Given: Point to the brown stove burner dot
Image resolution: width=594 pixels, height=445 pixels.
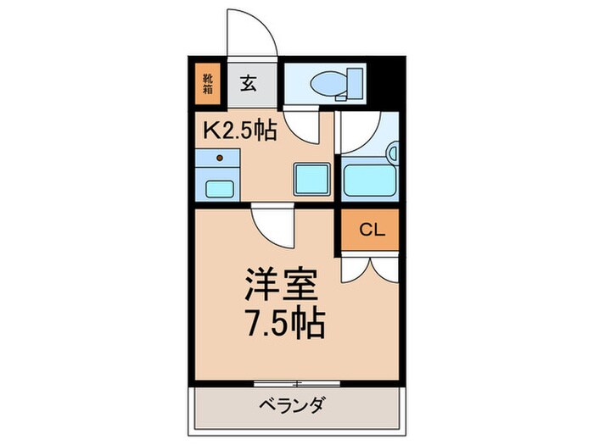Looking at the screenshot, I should (x=220, y=158).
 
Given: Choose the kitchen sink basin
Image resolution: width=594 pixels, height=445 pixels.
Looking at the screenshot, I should (x=219, y=188).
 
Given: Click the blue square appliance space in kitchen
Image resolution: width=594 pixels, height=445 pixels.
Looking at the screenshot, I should (x=311, y=177).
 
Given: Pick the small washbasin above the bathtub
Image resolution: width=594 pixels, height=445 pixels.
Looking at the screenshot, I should (x=392, y=153).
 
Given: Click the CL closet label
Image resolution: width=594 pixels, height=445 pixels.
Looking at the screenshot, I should (x=368, y=229).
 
